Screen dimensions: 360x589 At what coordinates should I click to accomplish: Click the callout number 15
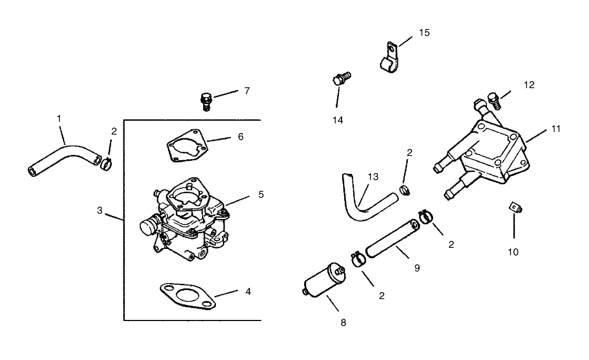(424, 33)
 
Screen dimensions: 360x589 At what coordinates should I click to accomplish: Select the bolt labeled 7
(206, 100)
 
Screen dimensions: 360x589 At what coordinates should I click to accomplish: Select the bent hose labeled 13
(363, 200)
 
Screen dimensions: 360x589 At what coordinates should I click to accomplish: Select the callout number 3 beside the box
(100, 210)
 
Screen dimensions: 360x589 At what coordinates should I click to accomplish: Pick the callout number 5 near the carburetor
(261, 194)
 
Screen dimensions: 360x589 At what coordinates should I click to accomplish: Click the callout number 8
(343, 322)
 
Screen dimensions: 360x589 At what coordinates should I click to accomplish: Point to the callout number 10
(513, 252)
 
